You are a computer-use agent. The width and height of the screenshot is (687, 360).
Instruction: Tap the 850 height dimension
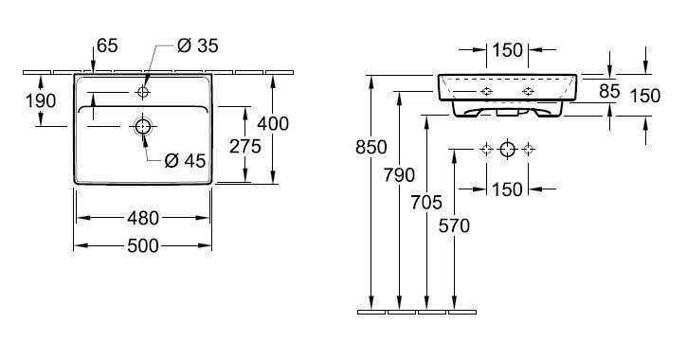tap(371, 148)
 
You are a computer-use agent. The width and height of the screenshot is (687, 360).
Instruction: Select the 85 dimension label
tap(608, 91)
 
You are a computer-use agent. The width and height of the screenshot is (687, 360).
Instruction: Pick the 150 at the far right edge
tap(644, 95)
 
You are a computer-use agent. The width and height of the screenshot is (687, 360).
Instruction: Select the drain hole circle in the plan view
tap(143, 126)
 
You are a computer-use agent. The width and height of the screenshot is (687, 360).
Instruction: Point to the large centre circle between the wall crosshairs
tap(507, 149)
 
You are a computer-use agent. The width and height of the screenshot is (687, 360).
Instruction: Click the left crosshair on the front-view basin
tap(486, 91)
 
